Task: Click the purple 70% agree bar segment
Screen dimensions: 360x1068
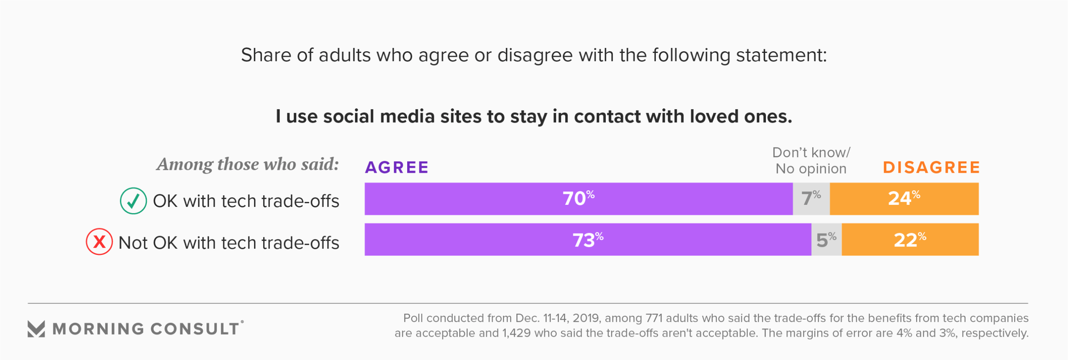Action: pos(578,199)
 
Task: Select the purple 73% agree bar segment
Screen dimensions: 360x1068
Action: pos(587,240)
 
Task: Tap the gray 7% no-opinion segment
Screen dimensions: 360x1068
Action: pos(811,199)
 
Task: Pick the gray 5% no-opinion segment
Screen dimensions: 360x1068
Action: pos(827,240)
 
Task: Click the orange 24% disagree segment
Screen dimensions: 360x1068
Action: pos(904,199)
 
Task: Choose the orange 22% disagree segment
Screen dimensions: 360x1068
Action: pos(910,240)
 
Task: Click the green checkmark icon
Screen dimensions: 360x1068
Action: pos(133,201)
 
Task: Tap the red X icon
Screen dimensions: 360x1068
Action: pos(99,242)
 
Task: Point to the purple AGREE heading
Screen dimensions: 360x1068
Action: pos(397,167)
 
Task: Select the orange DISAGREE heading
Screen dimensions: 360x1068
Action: pos(931,167)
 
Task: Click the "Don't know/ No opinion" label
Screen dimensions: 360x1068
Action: pos(811,161)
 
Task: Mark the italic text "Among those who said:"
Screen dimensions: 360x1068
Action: pos(248,164)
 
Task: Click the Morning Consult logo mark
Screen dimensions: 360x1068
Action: pos(36,329)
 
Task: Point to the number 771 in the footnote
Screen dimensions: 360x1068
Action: pos(654,318)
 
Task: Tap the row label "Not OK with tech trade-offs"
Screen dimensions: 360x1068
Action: pos(229,243)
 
